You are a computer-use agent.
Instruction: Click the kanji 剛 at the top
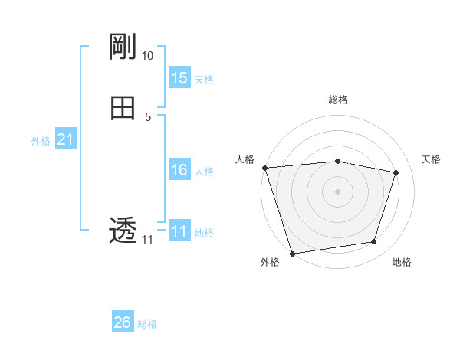click(123, 47)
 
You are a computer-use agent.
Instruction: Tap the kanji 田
click(123, 108)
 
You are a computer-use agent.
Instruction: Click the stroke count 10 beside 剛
click(148, 56)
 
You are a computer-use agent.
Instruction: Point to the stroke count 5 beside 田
click(148, 117)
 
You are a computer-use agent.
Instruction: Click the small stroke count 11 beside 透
click(147, 240)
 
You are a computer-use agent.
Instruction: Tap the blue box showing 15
click(179, 78)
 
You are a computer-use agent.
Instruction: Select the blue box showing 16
click(179, 170)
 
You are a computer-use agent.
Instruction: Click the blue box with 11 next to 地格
click(179, 231)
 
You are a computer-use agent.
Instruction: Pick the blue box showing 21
click(66, 139)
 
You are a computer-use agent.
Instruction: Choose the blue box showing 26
click(123, 322)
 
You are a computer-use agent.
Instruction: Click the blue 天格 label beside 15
click(204, 80)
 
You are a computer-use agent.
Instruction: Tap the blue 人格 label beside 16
click(204, 172)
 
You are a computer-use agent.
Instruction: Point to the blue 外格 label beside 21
click(41, 141)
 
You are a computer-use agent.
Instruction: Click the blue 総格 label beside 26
click(147, 324)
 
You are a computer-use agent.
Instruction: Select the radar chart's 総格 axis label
click(338, 100)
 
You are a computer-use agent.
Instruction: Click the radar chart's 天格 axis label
click(432, 159)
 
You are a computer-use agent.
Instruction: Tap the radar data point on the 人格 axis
click(264, 168)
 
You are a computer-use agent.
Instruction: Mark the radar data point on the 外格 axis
click(292, 253)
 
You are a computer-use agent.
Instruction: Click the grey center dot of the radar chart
click(338, 191)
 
